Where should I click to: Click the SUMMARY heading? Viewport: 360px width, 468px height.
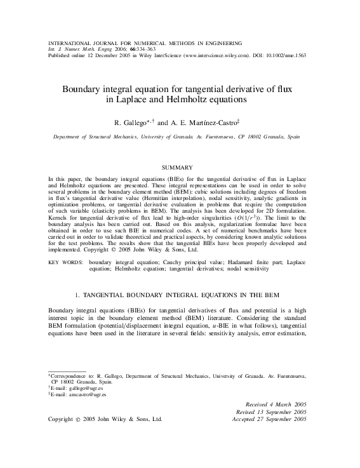(180, 167)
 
